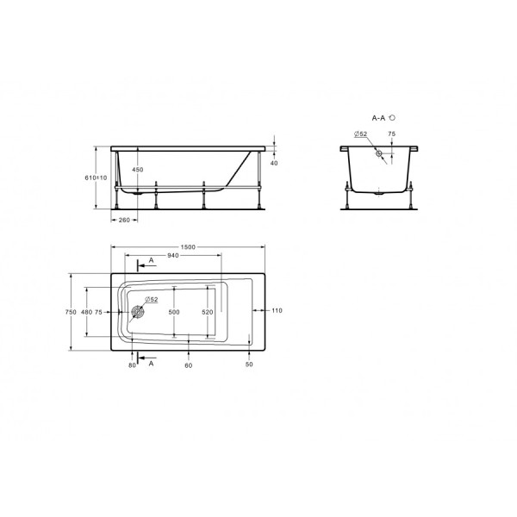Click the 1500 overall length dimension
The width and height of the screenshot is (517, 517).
click(189, 247)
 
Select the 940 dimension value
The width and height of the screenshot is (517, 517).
click(172, 256)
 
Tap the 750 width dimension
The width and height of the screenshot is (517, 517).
click(71, 311)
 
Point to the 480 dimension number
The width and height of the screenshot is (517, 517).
click(85, 311)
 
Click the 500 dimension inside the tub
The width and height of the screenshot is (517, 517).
click(174, 311)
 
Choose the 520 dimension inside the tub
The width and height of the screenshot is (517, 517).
click(207, 311)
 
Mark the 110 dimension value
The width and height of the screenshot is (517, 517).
click(277, 310)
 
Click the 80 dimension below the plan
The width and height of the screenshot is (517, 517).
click(132, 366)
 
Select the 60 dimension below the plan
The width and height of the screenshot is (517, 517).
click(188, 366)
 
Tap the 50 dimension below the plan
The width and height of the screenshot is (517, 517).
click(249, 366)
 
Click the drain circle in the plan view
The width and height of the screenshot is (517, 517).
click(136, 313)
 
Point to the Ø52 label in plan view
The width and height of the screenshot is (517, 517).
click(150, 299)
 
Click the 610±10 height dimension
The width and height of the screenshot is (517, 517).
click(97, 178)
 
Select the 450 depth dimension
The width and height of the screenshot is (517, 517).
click(137, 170)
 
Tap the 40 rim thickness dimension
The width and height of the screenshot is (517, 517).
click(275, 162)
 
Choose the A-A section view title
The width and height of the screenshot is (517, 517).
click(380, 116)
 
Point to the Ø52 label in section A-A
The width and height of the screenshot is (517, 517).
click(360, 134)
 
